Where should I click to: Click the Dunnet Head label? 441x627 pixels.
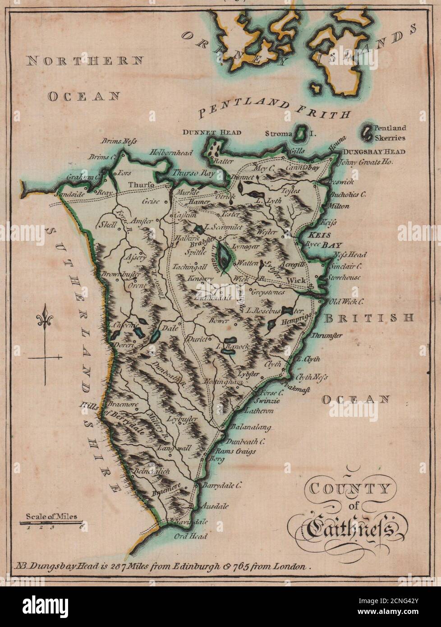click(x=211, y=133)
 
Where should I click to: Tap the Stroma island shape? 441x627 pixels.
click(x=299, y=134)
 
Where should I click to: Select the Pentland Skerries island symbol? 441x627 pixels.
click(x=368, y=132)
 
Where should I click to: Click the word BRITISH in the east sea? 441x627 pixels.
click(x=369, y=318)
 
